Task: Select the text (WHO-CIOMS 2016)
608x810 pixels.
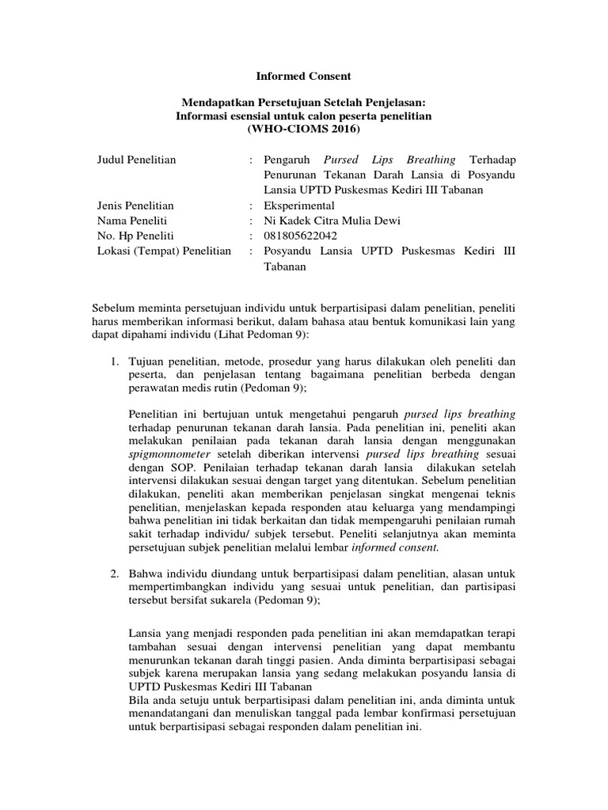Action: point(304,129)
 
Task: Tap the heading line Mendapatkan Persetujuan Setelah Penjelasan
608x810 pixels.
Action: point(304,102)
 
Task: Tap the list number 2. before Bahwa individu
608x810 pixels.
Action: point(115,572)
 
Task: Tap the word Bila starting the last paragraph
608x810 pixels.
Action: point(138,700)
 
